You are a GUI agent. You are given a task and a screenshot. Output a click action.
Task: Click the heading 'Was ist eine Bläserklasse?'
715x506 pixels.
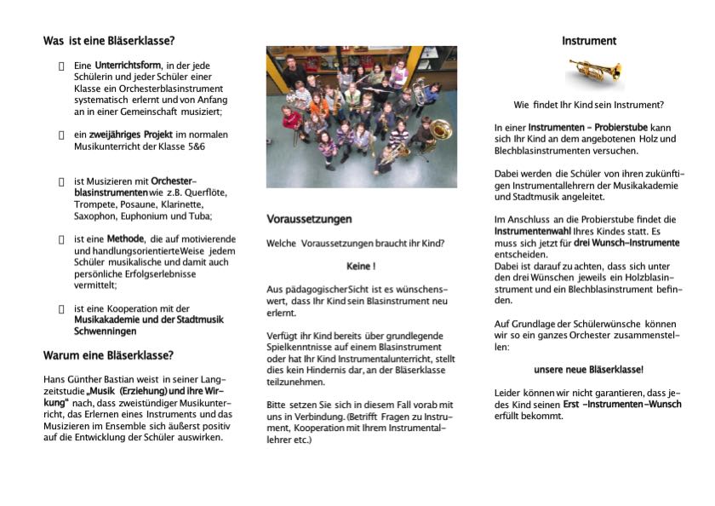[110, 40]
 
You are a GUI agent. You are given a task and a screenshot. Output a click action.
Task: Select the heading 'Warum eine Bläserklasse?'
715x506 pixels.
[108, 355]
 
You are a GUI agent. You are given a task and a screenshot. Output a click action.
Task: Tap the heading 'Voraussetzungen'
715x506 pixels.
[309, 219]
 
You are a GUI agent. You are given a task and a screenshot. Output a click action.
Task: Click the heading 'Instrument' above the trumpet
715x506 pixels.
[589, 41]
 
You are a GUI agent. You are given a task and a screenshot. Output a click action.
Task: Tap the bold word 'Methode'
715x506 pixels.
[125, 239]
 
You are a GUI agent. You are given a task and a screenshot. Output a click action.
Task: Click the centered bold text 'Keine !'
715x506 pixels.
[361, 267]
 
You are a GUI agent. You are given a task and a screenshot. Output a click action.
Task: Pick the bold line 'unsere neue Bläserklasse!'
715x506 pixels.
[589, 370]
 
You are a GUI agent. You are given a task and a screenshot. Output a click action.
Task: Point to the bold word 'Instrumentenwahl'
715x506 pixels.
[532, 231]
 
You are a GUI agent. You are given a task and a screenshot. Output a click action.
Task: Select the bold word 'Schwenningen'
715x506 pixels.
[106, 331]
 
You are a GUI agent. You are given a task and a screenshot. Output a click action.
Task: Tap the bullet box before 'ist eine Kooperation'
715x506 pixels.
[61, 308]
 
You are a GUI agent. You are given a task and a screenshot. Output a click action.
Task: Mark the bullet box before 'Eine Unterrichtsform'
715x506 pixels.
[61, 66]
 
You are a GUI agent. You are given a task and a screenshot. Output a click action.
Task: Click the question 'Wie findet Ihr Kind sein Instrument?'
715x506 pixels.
[589, 105]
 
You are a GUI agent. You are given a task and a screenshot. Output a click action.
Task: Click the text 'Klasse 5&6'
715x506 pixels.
[200, 147]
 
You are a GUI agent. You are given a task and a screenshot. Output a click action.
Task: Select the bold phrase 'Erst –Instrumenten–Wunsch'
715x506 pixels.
[622, 404]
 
